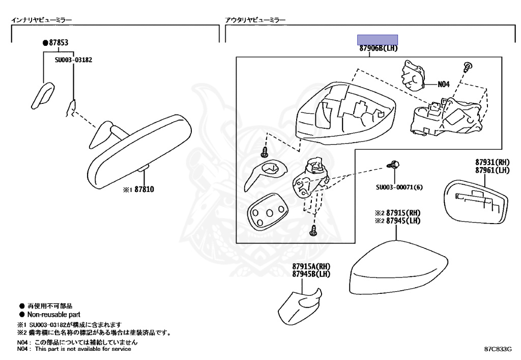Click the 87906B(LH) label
tap(378, 48)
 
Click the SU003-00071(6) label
tap(399, 187)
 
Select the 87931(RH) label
tap(493, 163)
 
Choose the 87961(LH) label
tap(493, 171)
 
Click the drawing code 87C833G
tap(497, 350)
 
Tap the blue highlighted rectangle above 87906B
tap(377, 40)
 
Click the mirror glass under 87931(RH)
tap(476, 202)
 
